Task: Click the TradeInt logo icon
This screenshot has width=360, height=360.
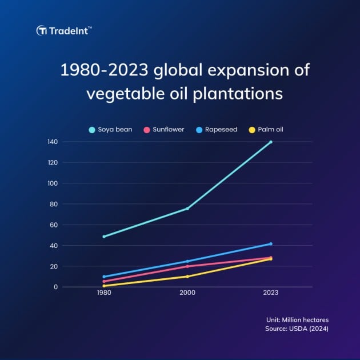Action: tap(42, 30)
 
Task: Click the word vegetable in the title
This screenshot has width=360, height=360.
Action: tap(126, 94)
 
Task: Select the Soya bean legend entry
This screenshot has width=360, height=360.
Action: tap(110, 130)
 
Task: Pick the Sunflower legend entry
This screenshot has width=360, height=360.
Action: tap(164, 130)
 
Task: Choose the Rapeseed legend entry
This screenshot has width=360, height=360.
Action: tap(217, 130)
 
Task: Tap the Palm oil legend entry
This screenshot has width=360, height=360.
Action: tap(266, 130)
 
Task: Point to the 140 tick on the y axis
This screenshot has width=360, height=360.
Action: tap(53, 142)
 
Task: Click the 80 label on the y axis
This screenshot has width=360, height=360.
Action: tap(54, 204)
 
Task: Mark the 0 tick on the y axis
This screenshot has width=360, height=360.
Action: tap(56, 287)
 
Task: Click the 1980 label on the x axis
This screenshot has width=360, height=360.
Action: tap(104, 293)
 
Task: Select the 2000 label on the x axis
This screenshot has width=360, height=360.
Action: tap(187, 293)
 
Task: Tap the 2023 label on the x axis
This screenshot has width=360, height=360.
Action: tap(271, 293)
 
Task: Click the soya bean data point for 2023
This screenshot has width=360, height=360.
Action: tap(271, 142)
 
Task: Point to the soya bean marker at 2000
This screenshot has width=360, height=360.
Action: tap(187, 209)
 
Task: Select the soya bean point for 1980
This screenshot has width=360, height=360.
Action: tap(104, 237)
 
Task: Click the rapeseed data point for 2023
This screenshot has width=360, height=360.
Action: tap(271, 244)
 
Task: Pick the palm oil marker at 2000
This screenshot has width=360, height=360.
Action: tap(187, 277)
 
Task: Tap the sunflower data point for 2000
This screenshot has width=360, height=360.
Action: tap(187, 266)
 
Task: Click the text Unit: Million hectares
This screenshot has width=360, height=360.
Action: tap(297, 320)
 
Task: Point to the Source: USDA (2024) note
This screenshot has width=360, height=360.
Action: tap(297, 329)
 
